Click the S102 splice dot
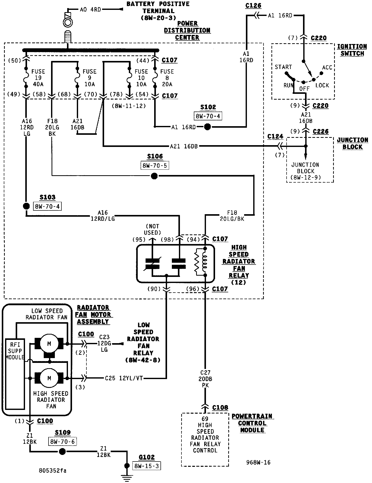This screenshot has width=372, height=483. (207, 127)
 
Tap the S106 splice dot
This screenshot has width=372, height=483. (154, 176)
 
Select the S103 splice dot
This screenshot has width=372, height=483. (26, 206)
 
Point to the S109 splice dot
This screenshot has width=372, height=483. (62, 451)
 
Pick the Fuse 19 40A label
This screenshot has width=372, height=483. (38, 78)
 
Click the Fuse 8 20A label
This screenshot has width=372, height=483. (167, 78)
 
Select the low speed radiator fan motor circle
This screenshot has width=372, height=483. (49, 344)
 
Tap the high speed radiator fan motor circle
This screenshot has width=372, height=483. (49, 378)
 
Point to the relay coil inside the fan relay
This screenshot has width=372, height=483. (205, 262)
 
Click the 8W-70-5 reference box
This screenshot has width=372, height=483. (155, 166)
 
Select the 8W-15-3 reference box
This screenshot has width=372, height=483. (147, 466)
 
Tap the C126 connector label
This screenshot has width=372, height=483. (253, 6)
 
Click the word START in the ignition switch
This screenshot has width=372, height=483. (283, 67)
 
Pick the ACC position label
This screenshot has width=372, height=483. (327, 68)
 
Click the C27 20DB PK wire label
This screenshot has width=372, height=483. (205, 379)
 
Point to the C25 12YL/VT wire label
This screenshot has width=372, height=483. (124, 378)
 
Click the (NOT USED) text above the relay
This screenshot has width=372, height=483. (152, 229)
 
